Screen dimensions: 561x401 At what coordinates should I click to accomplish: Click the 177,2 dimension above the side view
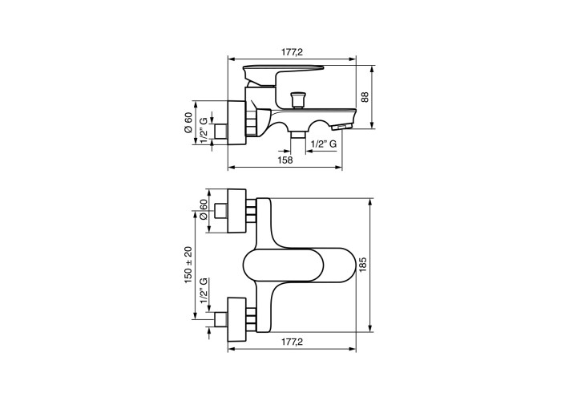[x=292, y=52]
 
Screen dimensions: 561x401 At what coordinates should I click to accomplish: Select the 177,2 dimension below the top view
[x=292, y=342]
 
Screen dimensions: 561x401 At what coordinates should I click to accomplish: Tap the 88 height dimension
[x=365, y=97]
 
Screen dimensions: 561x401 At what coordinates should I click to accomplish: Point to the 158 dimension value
[x=285, y=160]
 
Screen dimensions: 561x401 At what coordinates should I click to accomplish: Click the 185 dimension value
[x=363, y=265]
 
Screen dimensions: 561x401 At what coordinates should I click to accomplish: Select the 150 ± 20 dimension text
[x=188, y=265]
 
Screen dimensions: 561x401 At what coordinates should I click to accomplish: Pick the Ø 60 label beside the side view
[x=188, y=123]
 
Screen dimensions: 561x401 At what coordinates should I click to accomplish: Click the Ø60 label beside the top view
[x=203, y=209]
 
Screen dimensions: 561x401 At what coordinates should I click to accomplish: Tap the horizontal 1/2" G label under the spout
[x=324, y=144]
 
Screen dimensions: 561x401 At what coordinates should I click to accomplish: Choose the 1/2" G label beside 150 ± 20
[x=204, y=290]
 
